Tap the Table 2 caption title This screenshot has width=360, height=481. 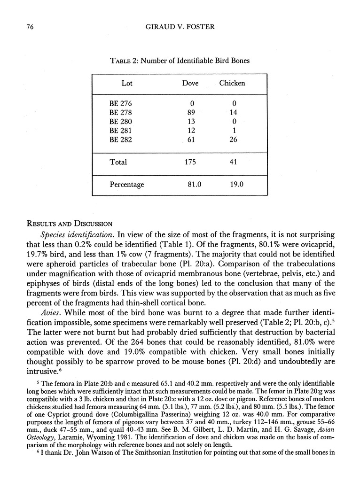180,61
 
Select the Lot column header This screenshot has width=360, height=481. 127,84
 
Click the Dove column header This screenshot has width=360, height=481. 190,84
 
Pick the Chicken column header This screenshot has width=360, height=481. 232,84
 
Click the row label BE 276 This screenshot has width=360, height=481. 120,104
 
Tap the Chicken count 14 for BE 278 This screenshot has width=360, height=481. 234,113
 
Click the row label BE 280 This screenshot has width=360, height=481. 120,122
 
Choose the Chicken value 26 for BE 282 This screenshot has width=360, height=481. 234,140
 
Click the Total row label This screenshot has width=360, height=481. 118,162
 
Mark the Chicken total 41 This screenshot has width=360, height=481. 234,162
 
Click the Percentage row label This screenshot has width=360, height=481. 127,185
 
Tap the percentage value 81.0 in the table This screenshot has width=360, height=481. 194,185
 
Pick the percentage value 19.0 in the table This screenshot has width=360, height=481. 236,185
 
